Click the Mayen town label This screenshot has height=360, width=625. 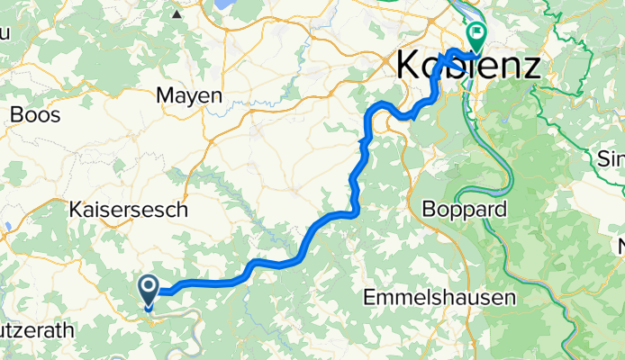point(188,94)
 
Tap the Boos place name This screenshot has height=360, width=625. point(35,115)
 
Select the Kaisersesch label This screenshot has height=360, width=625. point(128,210)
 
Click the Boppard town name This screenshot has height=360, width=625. point(465,209)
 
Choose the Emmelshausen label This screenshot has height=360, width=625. point(439,297)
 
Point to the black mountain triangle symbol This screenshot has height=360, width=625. point(177,14)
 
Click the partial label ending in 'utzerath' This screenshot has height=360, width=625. point(36,330)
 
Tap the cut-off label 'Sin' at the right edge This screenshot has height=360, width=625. point(611,160)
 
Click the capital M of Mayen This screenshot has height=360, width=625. point(165,94)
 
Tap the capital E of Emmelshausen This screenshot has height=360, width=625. point(369,297)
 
